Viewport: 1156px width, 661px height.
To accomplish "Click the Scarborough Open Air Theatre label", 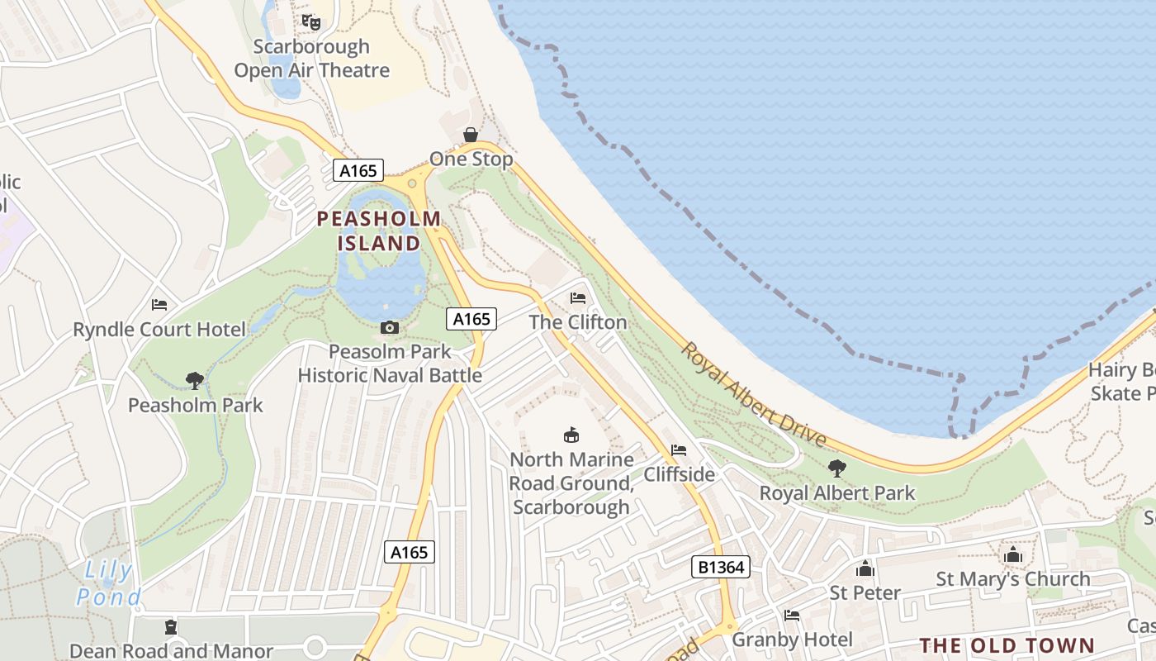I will pyautogui.click(x=311, y=58).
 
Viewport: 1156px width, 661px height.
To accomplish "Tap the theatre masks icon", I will pyautogui.click(x=311, y=21).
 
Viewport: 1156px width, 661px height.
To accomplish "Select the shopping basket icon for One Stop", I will pyautogui.click(x=471, y=135).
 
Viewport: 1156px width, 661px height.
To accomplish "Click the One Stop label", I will pyautogui.click(x=471, y=159).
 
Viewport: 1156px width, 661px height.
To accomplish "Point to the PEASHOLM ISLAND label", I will pyautogui.click(x=379, y=231).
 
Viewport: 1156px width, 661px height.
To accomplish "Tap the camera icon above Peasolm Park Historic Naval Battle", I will pyautogui.click(x=390, y=328).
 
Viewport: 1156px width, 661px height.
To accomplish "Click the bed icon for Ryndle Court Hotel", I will pyautogui.click(x=159, y=305).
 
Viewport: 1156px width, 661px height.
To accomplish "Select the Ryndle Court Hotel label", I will pyautogui.click(x=159, y=330).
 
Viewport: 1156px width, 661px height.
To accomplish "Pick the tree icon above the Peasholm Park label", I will pyautogui.click(x=195, y=381).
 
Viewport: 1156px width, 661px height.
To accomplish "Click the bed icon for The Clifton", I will pyautogui.click(x=578, y=297).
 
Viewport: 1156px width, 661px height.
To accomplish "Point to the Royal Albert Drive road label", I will pyautogui.click(x=752, y=395).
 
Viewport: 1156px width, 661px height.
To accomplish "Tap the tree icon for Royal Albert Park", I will pyautogui.click(x=837, y=468).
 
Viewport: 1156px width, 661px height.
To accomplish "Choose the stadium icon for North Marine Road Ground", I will pyautogui.click(x=571, y=435).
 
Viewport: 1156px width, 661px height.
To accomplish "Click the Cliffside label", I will pyautogui.click(x=679, y=474).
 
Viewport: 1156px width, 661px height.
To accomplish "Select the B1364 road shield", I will pyautogui.click(x=720, y=567).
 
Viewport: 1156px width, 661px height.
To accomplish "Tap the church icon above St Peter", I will pyautogui.click(x=865, y=568).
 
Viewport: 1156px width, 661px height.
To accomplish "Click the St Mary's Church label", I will pyautogui.click(x=1012, y=579).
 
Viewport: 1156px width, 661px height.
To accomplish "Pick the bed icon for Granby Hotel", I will pyautogui.click(x=792, y=616).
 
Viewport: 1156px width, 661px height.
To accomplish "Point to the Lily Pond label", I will pyautogui.click(x=108, y=583).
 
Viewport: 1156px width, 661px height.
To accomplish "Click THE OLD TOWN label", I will pyautogui.click(x=1007, y=645).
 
